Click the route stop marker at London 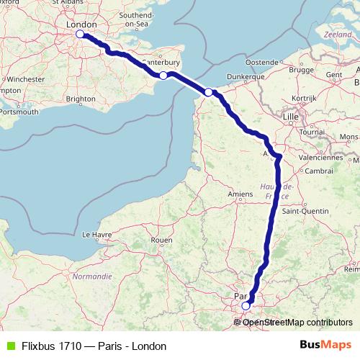point(80,34)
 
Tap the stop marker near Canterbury point(163,76)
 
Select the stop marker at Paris point(246,305)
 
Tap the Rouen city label point(163,240)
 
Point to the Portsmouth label point(19,112)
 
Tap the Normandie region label point(93,276)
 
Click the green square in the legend point(9,346)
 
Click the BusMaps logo point(328,345)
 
